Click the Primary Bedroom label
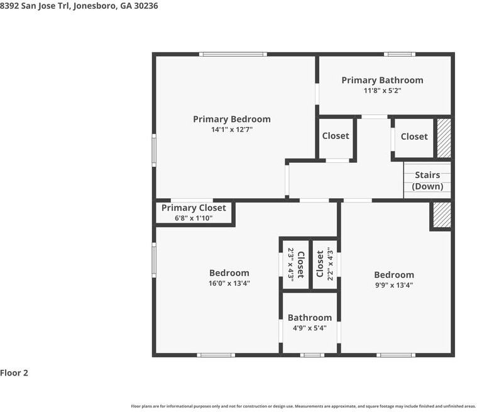[x=232, y=119]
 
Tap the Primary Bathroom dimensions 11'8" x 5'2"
[x=382, y=91]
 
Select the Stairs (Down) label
[x=427, y=181]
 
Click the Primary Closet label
[x=194, y=208]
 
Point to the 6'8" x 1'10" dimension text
[x=194, y=218]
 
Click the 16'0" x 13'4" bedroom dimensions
[x=229, y=283]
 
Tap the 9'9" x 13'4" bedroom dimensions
[x=394, y=285]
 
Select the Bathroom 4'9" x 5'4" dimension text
[x=310, y=328]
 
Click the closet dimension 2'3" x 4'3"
[x=291, y=265]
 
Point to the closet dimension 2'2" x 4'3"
[x=331, y=264]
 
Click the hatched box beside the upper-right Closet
[x=444, y=138]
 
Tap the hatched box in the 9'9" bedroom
[x=442, y=214]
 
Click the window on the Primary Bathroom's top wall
[x=400, y=55]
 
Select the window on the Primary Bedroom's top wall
[x=233, y=55]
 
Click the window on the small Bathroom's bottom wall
[x=312, y=355]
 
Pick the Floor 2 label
[x=14, y=373]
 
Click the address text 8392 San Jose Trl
[x=36, y=6]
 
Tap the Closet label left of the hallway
[x=336, y=136]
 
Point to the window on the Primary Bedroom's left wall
[x=154, y=150]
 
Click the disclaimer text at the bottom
[x=304, y=406]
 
